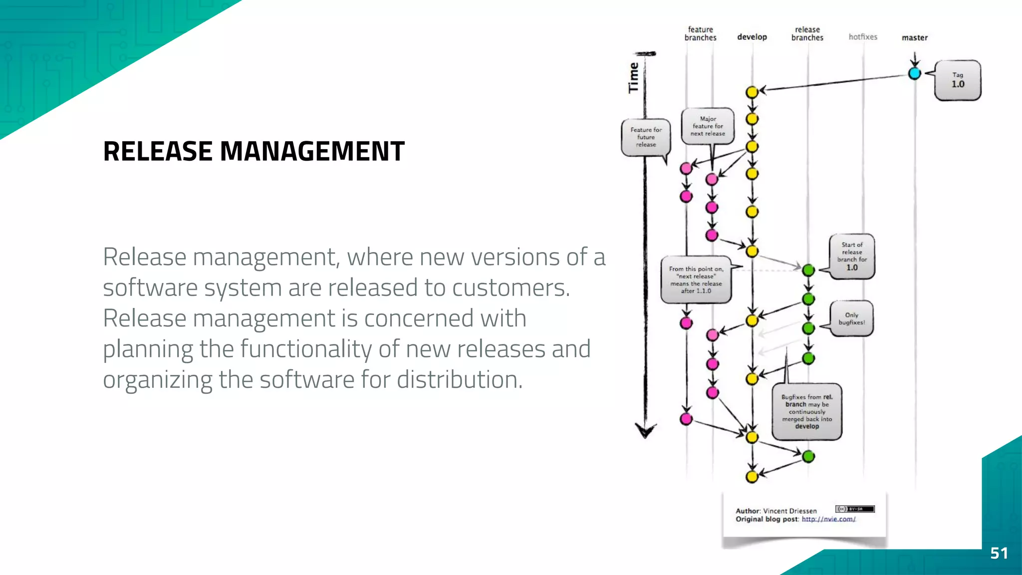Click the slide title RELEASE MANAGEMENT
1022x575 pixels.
pyautogui.click(x=254, y=151)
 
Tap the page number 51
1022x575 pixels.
pyautogui.click(x=999, y=553)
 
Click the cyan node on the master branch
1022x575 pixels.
pyautogui.click(x=914, y=74)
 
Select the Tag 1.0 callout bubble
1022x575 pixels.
pyautogui.click(x=958, y=80)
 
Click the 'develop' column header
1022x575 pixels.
pyautogui.click(x=752, y=37)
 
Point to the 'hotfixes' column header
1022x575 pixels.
pyautogui.click(x=863, y=37)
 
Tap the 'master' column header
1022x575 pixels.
pyautogui.click(x=915, y=37)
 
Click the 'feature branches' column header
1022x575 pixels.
pyautogui.click(x=700, y=33)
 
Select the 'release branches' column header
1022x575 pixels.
pyautogui.click(x=807, y=33)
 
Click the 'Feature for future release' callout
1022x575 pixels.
pyautogui.click(x=646, y=137)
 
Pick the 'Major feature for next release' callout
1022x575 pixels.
pyautogui.click(x=708, y=126)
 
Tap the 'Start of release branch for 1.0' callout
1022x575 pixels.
pyautogui.click(x=852, y=256)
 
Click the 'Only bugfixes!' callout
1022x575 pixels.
pyautogui.click(x=852, y=318)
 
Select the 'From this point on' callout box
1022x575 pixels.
pyautogui.click(x=696, y=280)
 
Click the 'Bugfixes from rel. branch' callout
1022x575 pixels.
pyautogui.click(x=807, y=412)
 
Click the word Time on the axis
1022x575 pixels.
pyautogui.click(x=633, y=78)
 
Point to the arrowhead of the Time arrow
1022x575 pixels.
pyautogui.click(x=645, y=430)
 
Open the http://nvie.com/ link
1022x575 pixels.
pyautogui.click(x=828, y=519)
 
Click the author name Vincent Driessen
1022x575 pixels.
pyautogui.click(x=790, y=511)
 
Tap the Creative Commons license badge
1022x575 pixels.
pyautogui.click(x=855, y=509)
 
